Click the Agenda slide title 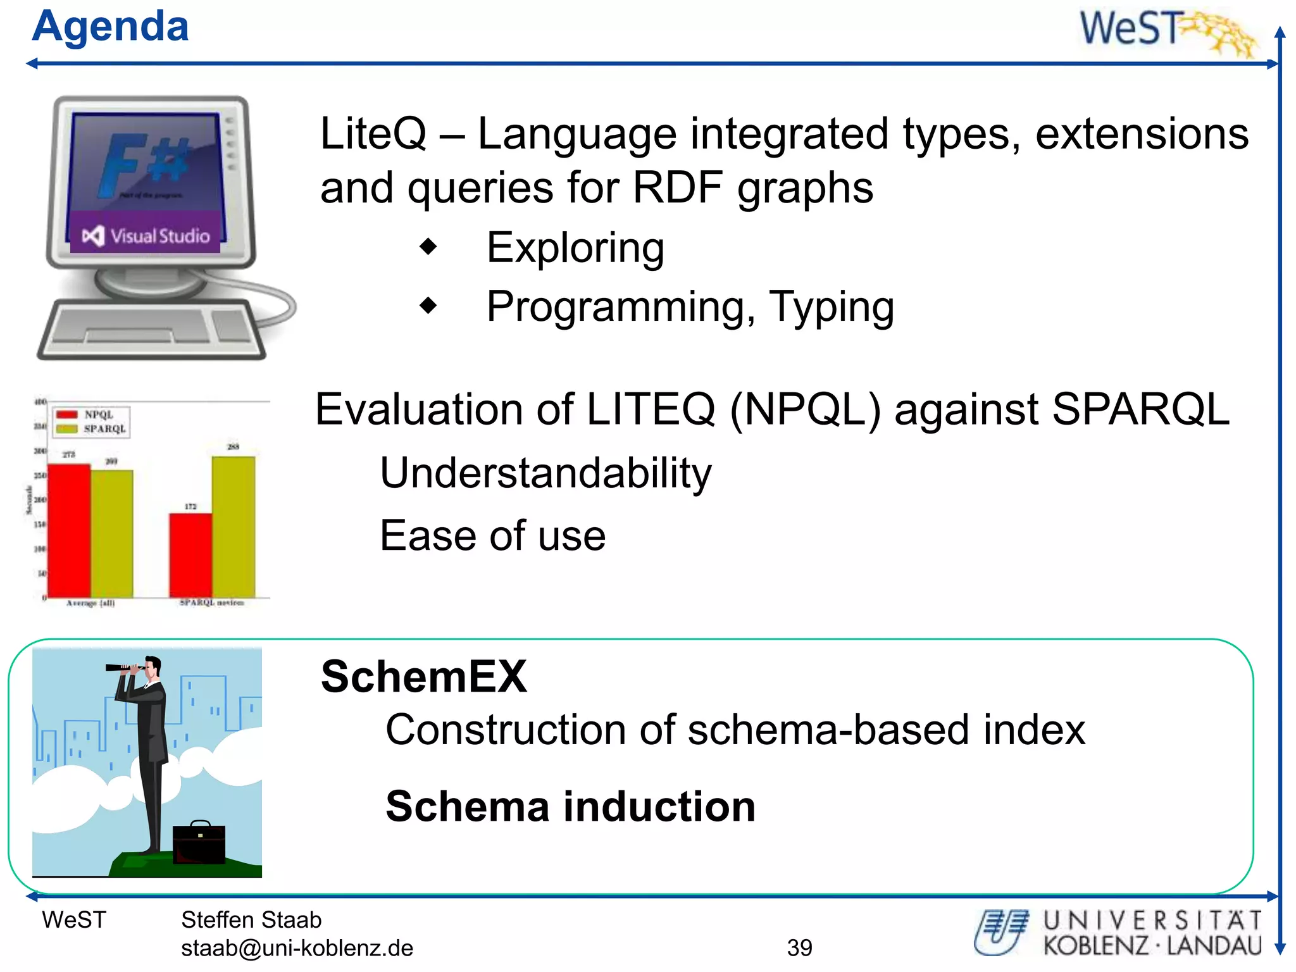coord(110,27)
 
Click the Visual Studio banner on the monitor coord(146,236)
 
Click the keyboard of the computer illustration coord(152,329)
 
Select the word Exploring coord(575,247)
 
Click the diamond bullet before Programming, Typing coord(428,306)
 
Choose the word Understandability coord(545,473)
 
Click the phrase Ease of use coord(492,535)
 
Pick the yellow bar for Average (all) coord(112,533)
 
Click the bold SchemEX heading coord(423,676)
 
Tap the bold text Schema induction coord(570,806)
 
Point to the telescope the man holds coord(124,667)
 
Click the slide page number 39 coord(799,947)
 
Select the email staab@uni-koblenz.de coord(297,948)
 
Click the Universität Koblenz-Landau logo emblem coord(1000,931)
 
